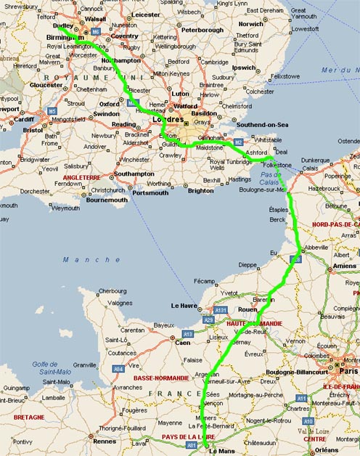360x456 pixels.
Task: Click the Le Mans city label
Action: pos(222,451)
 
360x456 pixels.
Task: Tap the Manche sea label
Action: pos(81,259)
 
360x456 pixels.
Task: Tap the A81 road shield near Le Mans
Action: pos(192,445)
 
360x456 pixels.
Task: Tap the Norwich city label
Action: pos(251,24)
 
